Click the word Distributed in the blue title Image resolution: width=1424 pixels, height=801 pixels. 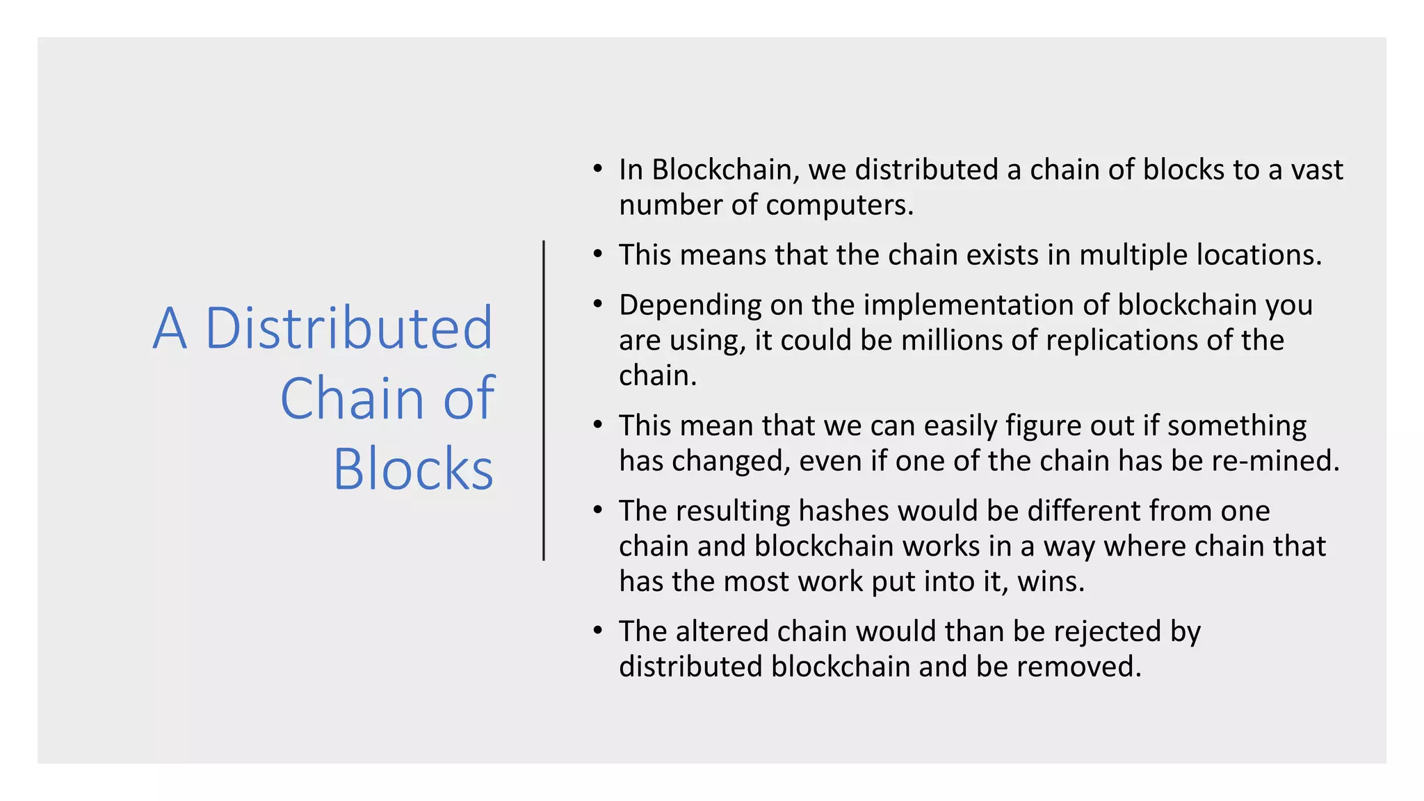pyautogui.click(x=349, y=328)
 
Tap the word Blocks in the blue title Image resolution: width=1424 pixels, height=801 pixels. pyautogui.click(x=413, y=469)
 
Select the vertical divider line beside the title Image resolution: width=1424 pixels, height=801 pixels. pyautogui.click(x=544, y=400)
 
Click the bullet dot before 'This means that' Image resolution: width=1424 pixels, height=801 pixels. pyautogui.click(x=598, y=254)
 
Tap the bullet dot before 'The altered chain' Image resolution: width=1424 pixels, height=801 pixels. pyautogui.click(x=598, y=631)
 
